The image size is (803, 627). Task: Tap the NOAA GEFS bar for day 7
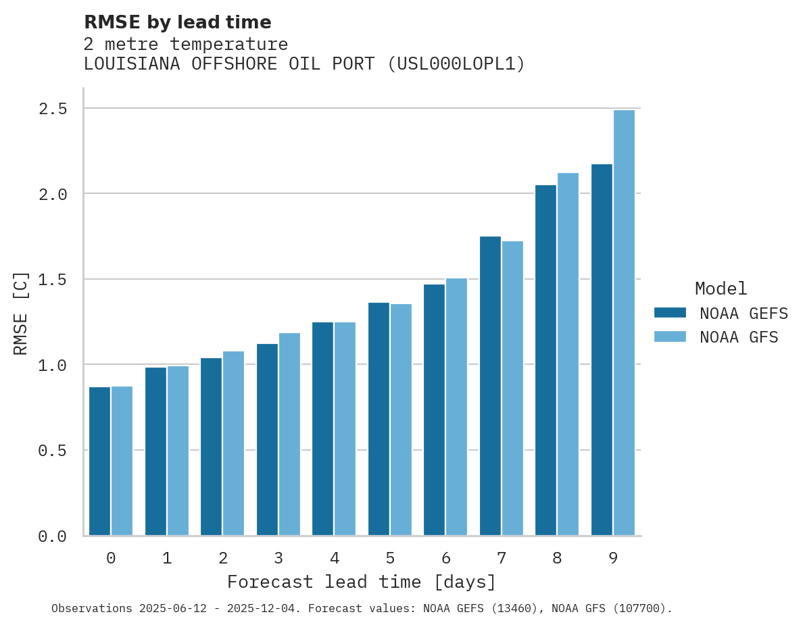(490, 386)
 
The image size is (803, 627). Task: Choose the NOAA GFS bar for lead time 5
(401, 420)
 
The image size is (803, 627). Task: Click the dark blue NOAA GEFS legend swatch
(670, 313)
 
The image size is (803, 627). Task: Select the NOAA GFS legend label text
(739, 337)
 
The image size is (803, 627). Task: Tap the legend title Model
(721, 289)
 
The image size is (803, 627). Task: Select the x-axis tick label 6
(446, 558)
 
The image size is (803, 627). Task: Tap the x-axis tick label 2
(222, 558)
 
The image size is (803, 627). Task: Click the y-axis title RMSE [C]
(22, 313)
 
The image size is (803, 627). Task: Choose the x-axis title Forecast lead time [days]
(362, 582)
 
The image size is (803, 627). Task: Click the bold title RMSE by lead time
(177, 22)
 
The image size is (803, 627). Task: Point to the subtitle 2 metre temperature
(186, 45)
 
